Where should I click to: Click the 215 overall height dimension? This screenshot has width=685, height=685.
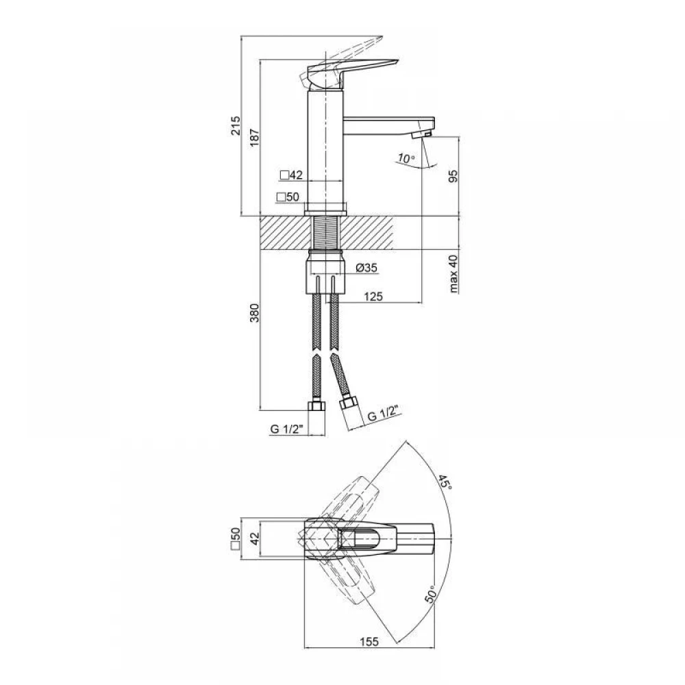(236, 126)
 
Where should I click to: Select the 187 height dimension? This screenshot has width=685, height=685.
(254, 137)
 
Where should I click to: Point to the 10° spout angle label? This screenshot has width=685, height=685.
(406, 158)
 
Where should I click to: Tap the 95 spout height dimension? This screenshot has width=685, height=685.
(453, 175)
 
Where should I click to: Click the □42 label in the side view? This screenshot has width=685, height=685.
(291, 175)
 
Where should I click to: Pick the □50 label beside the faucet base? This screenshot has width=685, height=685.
(288, 197)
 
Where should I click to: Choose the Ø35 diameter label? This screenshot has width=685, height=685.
(366, 267)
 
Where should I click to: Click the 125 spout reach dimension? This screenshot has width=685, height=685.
(373, 297)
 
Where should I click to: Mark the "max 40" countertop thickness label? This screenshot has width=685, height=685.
(453, 273)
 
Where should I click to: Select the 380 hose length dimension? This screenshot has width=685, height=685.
(254, 313)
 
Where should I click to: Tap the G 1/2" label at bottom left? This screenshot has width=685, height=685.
(286, 429)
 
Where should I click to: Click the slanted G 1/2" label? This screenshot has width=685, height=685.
(384, 413)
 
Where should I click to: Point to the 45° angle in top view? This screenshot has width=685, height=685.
(445, 482)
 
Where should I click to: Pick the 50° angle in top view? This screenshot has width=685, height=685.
(431, 594)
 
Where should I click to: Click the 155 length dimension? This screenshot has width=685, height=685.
(369, 642)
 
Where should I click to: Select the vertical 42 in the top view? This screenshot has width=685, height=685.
(255, 537)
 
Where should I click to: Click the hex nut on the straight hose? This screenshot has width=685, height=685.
(316, 406)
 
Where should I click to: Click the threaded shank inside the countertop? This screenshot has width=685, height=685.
(326, 233)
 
